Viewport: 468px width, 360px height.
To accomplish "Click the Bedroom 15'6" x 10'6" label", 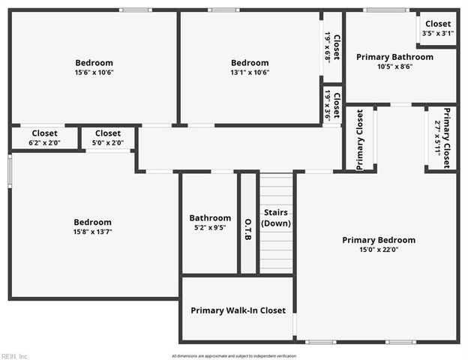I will pyautogui.click(x=94, y=67).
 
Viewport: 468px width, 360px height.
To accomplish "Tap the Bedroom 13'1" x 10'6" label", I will pyautogui.click(x=250, y=67).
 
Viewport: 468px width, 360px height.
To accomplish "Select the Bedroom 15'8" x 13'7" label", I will pyautogui.click(x=92, y=226).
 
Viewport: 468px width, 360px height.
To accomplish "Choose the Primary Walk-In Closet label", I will pyautogui.click(x=238, y=310).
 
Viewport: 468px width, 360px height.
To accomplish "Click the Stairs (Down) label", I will pyautogui.click(x=276, y=217).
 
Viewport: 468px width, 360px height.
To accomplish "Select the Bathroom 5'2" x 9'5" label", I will pyautogui.click(x=210, y=223).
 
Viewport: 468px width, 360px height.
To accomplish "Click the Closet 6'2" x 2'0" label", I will pyautogui.click(x=44, y=137).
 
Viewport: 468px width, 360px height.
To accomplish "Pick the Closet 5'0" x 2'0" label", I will pyautogui.click(x=108, y=137).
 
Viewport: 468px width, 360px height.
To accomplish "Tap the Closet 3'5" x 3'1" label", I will pyautogui.click(x=438, y=28).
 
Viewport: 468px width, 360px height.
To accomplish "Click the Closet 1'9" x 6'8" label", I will pyautogui.click(x=332, y=46).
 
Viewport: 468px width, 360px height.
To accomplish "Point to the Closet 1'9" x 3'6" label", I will pyautogui.click(x=332, y=106).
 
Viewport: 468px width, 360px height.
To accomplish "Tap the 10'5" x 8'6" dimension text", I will pyautogui.click(x=394, y=66).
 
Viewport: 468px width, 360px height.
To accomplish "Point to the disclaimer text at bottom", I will pyautogui.click(x=234, y=355).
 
